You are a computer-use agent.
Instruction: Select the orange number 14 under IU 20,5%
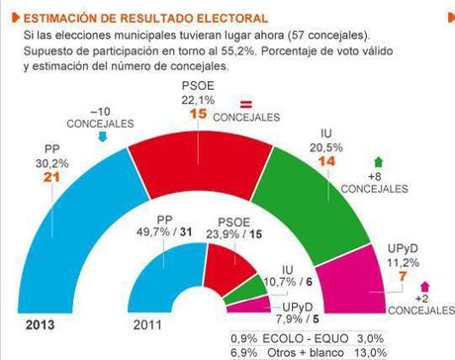[x=326, y=131]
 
